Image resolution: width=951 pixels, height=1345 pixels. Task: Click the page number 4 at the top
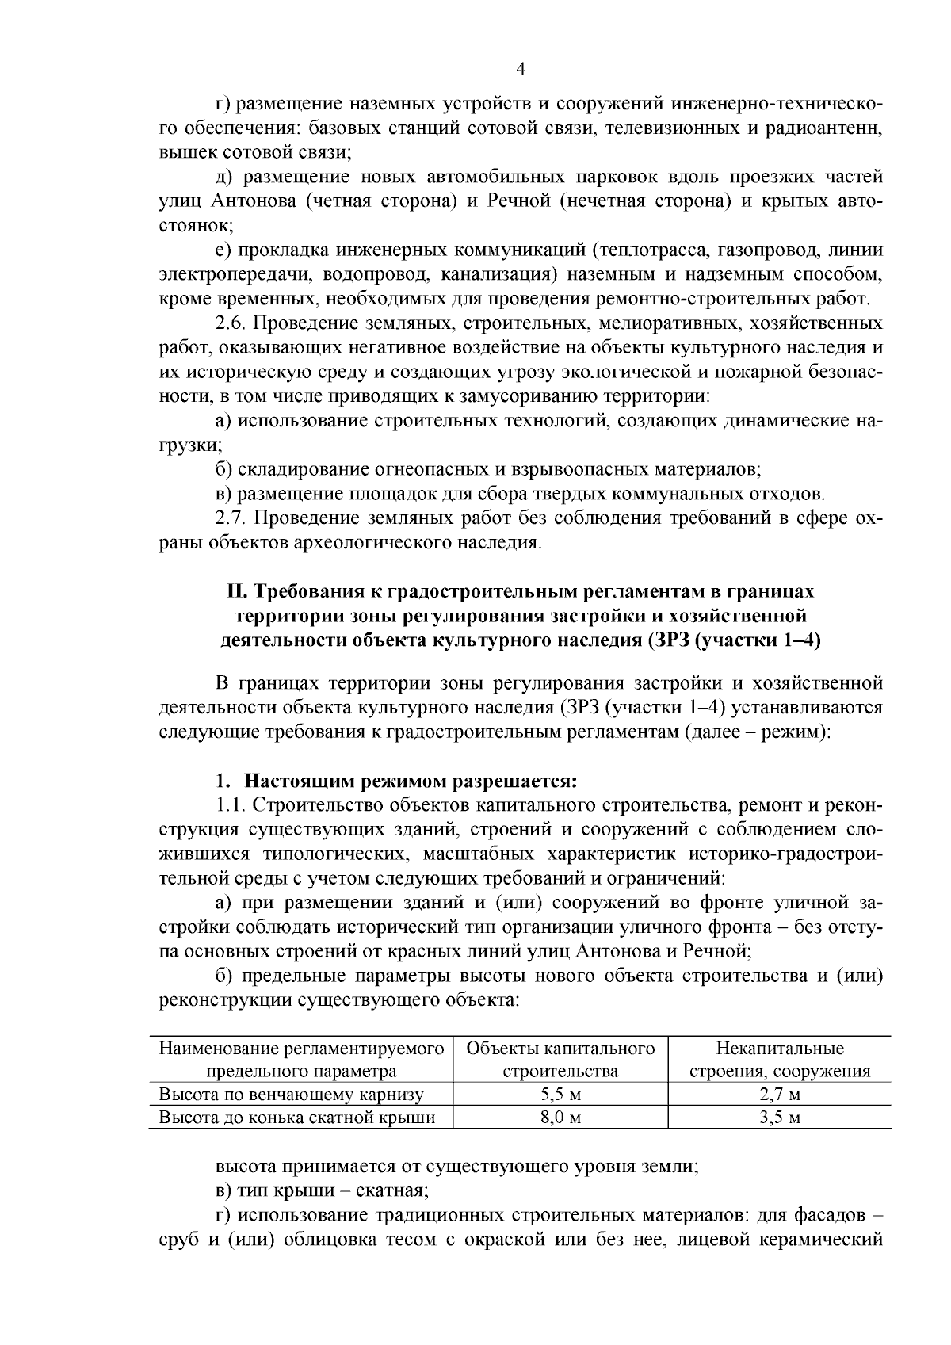pos(521,69)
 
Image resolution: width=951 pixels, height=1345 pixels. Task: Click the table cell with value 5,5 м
pos(560,1095)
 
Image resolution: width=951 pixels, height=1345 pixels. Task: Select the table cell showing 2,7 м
pos(779,1095)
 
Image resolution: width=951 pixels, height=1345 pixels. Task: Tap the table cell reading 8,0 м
pos(560,1118)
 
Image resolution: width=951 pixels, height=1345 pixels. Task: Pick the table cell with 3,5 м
pos(779,1118)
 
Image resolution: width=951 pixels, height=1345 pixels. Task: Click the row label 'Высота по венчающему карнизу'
pos(292,1095)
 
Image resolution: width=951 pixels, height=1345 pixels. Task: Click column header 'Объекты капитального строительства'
pos(560,1060)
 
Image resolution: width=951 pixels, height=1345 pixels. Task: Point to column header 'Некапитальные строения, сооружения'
pos(779,1060)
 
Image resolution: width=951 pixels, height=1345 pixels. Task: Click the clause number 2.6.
pos(231,323)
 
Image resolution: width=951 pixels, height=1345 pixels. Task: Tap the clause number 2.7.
pos(231,518)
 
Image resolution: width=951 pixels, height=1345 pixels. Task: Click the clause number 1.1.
pos(231,805)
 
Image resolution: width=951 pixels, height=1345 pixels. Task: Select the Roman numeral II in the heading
pos(235,591)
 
